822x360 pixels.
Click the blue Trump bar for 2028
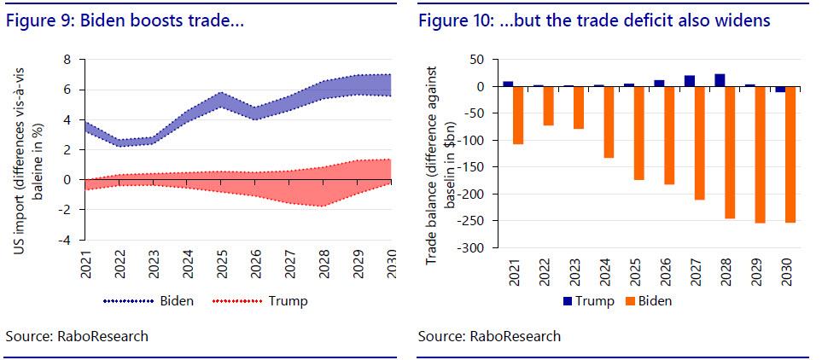tap(720, 80)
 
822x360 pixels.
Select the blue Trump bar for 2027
tap(690, 81)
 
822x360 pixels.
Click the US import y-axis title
tap(26, 150)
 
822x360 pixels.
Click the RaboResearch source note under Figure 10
tap(489, 336)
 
